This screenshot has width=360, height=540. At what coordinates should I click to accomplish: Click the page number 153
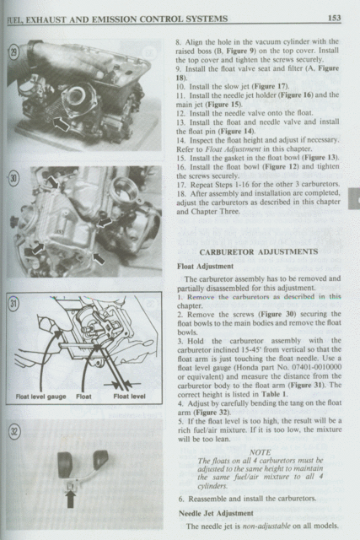[x=334, y=18]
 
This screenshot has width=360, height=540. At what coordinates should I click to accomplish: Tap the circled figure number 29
[x=13, y=53]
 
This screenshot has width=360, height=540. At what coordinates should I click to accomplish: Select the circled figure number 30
[x=13, y=179]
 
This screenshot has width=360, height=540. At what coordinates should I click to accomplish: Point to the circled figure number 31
[x=13, y=304]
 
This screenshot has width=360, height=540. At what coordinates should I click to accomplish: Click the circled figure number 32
[x=14, y=431]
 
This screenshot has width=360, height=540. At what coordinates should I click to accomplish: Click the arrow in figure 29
[x=61, y=124]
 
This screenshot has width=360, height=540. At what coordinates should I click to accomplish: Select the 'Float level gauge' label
[x=40, y=397]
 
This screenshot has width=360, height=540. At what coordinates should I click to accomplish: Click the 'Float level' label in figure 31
[x=129, y=397]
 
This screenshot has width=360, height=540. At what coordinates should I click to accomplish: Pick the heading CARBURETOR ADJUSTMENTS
[x=259, y=251]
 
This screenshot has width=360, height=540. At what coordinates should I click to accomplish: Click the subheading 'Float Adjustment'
[x=206, y=267]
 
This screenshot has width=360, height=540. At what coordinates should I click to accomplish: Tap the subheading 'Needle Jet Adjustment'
[x=216, y=514]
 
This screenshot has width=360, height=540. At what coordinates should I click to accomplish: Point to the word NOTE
[x=260, y=452]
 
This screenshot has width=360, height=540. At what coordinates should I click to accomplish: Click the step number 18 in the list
[x=180, y=193]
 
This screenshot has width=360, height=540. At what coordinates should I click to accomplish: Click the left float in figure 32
[x=65, y=465]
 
